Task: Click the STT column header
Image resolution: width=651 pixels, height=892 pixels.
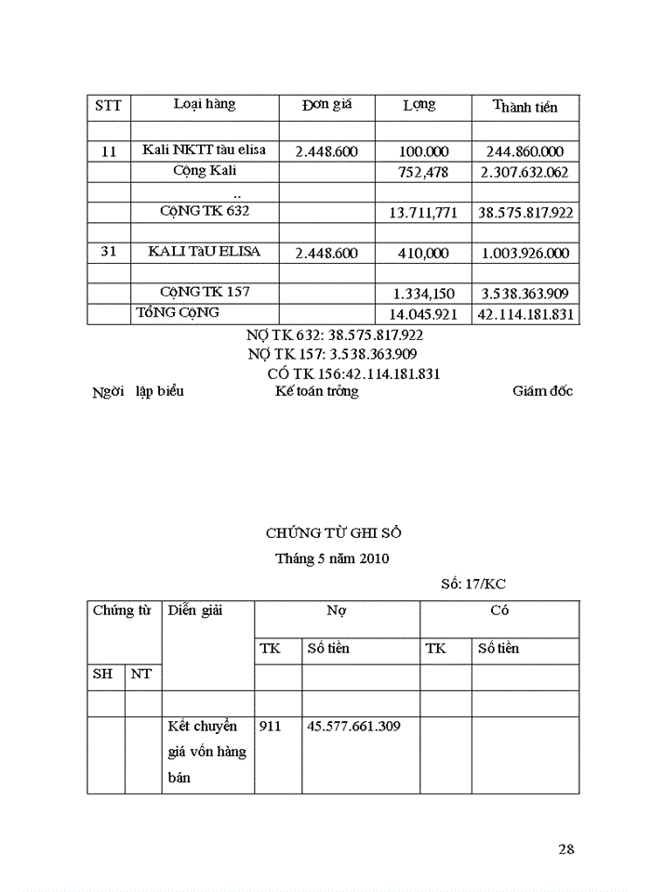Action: [109, 106]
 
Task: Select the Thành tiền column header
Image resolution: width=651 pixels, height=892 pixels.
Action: [525, 107]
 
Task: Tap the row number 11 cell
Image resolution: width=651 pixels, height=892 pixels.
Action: [109, 151]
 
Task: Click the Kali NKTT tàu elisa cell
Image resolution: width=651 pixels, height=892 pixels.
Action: [205, 151]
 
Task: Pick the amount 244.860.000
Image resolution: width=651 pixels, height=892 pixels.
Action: [525, 151]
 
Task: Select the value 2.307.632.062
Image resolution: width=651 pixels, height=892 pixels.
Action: [525, 172]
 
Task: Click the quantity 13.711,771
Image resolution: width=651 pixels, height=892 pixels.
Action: [422, 213]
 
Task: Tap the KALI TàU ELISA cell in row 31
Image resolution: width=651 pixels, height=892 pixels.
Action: [205, 252]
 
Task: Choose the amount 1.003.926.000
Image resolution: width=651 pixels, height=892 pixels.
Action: [525, 253]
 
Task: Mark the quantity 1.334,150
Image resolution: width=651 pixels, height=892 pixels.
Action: [424, 294]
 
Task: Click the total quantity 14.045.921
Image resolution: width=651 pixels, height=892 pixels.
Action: [422, 314]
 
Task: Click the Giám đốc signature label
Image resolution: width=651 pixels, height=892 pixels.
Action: [542, 391]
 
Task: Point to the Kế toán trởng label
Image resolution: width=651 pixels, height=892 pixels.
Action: [316, 391]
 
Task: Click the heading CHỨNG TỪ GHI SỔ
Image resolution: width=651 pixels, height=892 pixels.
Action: [334, 533]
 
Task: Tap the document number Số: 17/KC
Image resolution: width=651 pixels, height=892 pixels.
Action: [473, 584]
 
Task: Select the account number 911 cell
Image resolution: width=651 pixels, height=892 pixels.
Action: [268, 726]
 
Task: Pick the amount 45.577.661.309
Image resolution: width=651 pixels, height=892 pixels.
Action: [353, 726]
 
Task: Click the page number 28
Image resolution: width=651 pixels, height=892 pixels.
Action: [566, 848]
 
